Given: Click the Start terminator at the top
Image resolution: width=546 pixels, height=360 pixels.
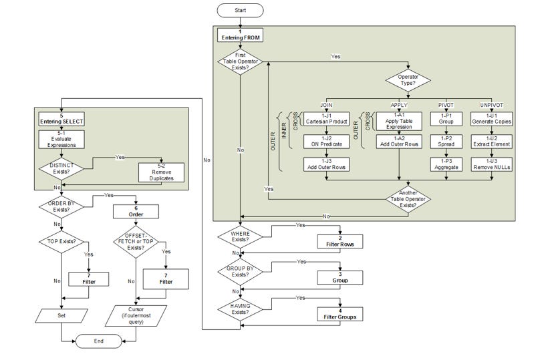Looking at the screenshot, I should click(240, 10).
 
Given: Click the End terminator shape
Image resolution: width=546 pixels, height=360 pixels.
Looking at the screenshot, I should click(98, 341).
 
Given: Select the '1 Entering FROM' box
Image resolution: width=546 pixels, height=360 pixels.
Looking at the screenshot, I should click(240, 35).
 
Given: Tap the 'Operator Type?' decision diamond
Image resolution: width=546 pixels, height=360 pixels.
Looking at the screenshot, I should click(408, 81).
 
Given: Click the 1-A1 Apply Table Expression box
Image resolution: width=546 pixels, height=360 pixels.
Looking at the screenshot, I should click(400, 120).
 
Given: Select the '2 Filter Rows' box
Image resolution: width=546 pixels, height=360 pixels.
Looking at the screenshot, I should click(341, 241).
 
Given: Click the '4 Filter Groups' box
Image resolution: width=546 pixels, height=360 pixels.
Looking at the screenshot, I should click(341, 313).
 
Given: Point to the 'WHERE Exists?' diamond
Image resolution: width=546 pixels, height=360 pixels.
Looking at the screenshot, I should click(240, 235).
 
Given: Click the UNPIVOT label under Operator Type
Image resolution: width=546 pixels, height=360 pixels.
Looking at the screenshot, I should click(492, 105).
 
